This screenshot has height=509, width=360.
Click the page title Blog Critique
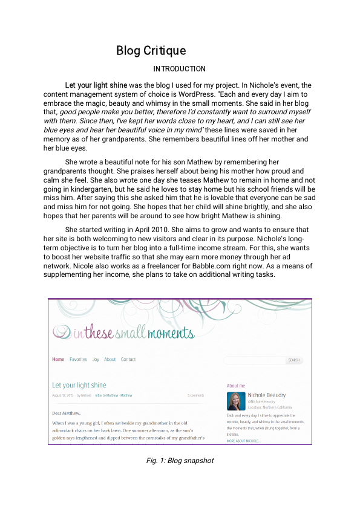[x=151, y=51]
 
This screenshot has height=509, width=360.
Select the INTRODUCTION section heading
[x=179, y=69]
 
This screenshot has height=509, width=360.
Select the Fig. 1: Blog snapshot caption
[x=180, y=461]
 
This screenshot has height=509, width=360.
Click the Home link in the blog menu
[x=58, y=360]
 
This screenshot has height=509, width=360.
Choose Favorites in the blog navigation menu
[x=78, y=360]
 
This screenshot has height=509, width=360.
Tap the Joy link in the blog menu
[x=96, y=360]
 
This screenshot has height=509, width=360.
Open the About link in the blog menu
[x=110, y=360]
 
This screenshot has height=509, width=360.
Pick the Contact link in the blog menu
[x=128, y=360]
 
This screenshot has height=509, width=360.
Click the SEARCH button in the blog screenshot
[x=294, y=360]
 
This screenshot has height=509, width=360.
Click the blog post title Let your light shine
[x=79, y=385]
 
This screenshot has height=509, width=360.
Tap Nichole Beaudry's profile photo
[x=235, y=401]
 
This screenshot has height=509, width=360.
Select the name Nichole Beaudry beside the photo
[x=267, y=395]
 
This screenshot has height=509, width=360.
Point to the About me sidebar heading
[x=236, y=386]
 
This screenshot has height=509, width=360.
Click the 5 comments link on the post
[x=195, y=395]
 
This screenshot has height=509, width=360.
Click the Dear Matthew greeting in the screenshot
[x=67, y=413]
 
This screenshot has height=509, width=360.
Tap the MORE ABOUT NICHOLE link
[x=244, y=441]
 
